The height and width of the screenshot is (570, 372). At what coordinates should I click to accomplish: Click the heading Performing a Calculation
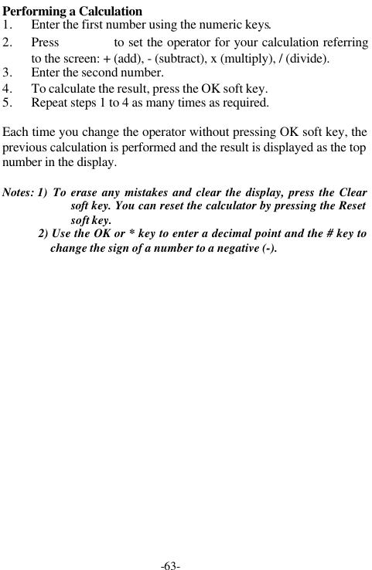73,12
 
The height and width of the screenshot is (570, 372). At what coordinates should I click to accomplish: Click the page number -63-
171,565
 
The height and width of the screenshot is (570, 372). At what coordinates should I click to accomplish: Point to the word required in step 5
244,102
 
